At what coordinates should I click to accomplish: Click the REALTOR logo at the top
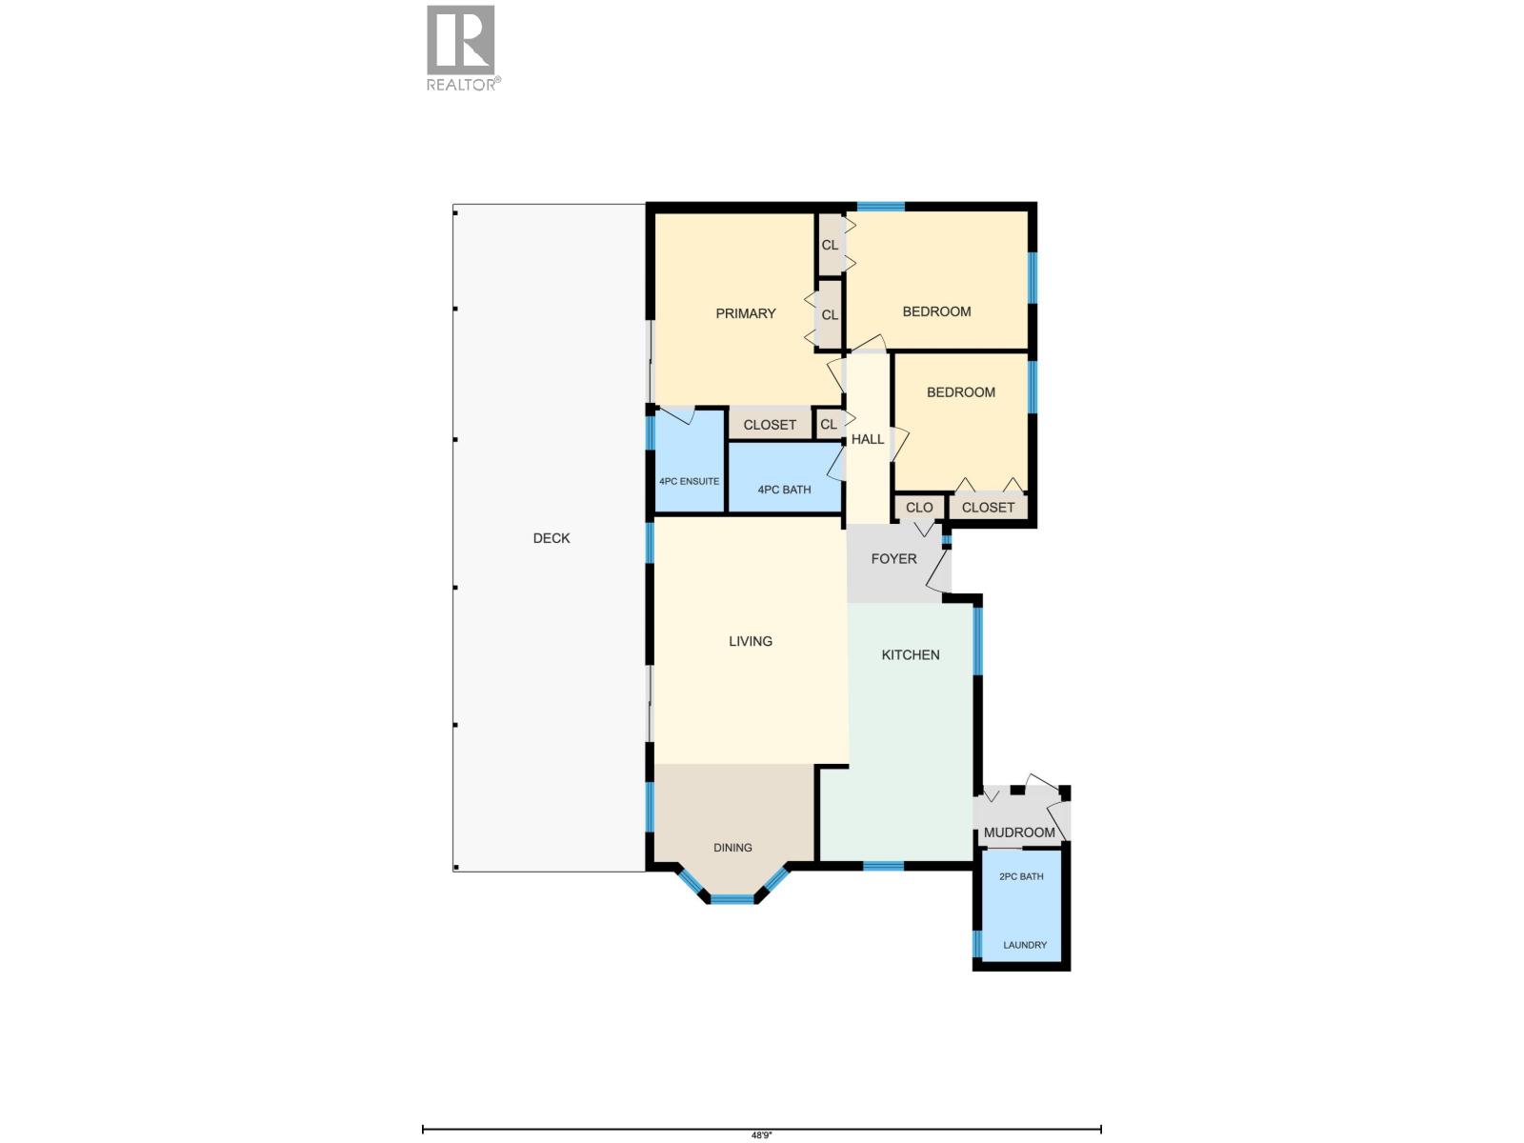point(462,48)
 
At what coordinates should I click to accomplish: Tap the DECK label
point(551,538)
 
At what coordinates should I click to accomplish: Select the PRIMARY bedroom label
point(746,313)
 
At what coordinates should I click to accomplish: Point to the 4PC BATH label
point(784,490)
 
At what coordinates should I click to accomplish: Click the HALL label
point(867,439)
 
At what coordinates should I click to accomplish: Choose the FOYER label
point(893,559)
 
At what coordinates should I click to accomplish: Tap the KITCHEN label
point(911,654)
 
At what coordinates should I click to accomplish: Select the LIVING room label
point(751,641)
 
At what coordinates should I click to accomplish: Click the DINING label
point(732,848)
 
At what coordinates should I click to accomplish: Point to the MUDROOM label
point(1019,832)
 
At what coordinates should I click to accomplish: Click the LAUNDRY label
point(1025,945)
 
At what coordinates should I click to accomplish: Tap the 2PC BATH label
point(1021,876)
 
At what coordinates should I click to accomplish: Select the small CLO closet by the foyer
point(919,508)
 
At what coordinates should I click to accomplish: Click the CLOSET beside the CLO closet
point(988,508)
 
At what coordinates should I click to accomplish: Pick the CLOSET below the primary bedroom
point(770,425)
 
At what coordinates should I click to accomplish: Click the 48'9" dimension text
point(761,1135)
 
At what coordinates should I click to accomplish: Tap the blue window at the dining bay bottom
point(732,898)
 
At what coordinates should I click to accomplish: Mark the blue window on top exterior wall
point(880,206)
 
